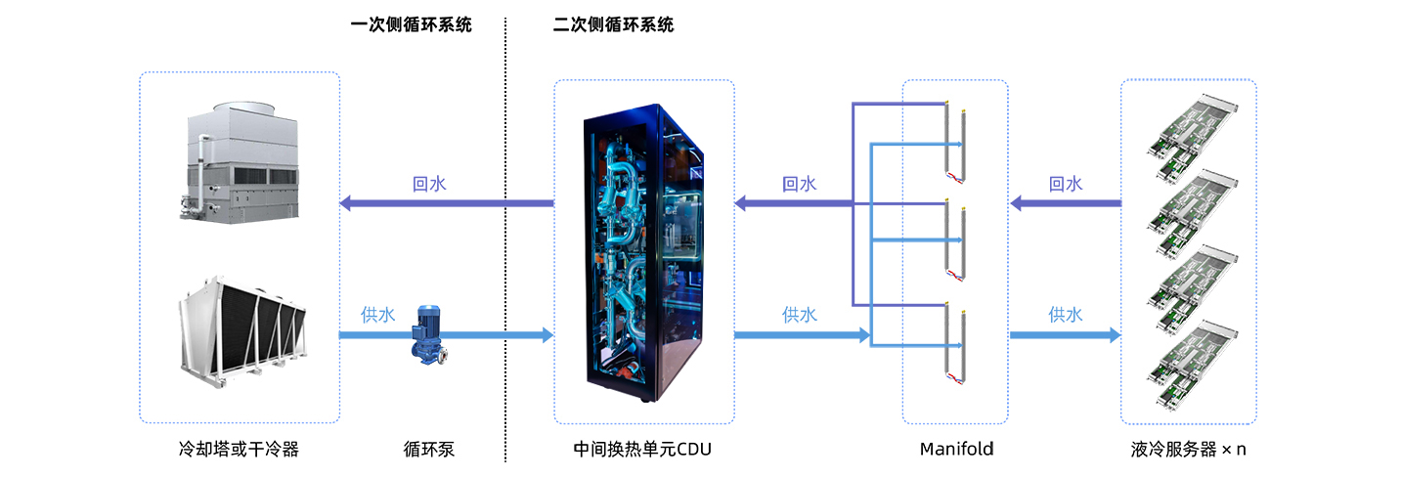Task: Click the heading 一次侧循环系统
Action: pos(411,25)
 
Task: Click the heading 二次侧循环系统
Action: pos(613,25)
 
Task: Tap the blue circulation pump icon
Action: pos(427,333)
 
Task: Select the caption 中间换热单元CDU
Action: pos(642,450)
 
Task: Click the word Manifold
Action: pos(956,450)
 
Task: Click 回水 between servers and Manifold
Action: pos(1065,184)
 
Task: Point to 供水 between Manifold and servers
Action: pos(1065,315)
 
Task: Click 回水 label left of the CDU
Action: pos(429,184)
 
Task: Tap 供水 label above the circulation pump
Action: pos(377,315)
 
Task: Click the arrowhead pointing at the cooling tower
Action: pos(345,203)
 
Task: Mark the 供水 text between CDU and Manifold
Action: pos(799,315)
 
